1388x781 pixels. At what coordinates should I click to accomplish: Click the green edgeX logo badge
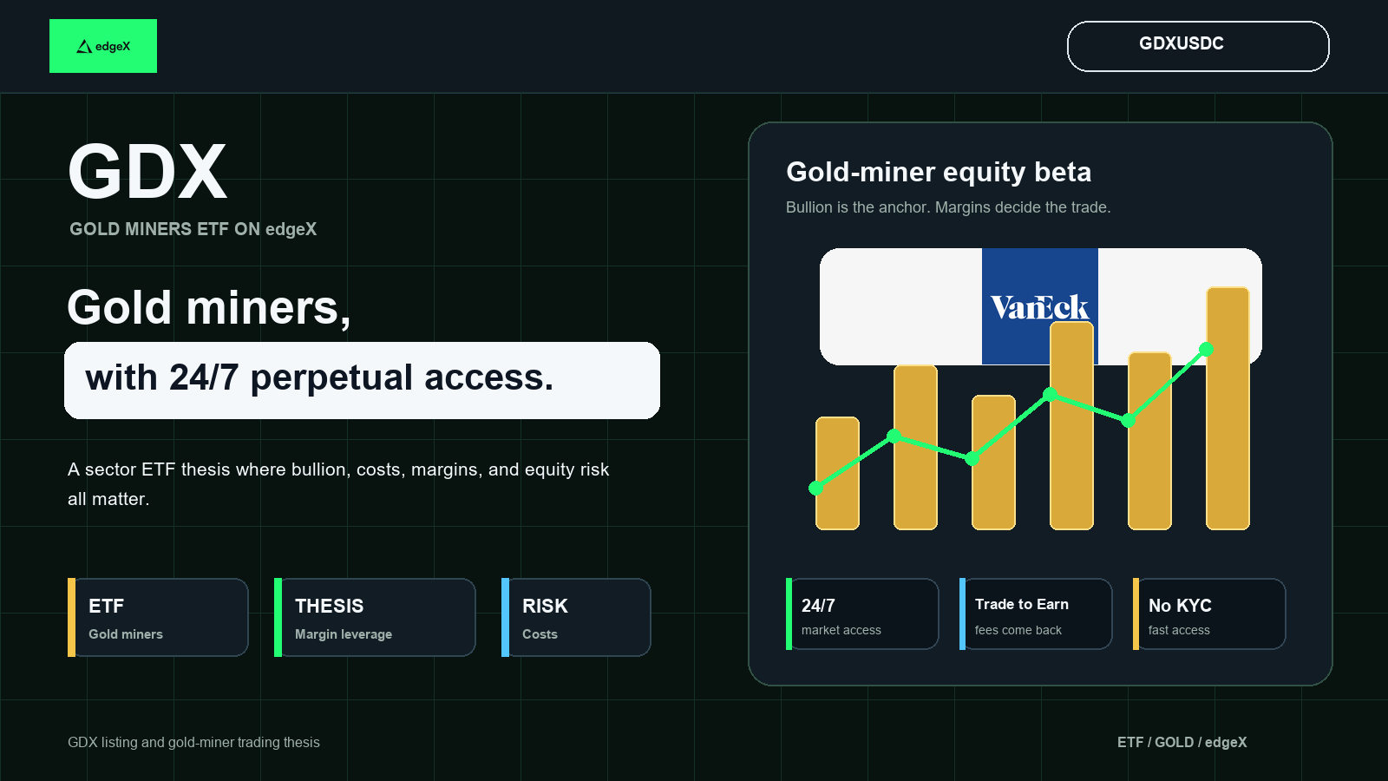[103, 46]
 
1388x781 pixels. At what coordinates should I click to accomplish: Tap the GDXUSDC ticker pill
[1198, 47]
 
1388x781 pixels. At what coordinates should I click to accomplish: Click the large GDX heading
[147, 171]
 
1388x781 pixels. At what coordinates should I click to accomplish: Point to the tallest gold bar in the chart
[1228, 409]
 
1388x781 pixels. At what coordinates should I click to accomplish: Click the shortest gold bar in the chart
[837, 474]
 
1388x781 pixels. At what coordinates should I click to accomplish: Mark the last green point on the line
[1206, 350]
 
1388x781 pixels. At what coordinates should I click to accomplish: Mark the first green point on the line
[816, 489]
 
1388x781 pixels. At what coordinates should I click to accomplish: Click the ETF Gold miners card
[158, 617]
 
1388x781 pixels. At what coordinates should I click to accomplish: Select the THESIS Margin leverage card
[375, 617]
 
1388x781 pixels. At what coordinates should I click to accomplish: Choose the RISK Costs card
[576, 617]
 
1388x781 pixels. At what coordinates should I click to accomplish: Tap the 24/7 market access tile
[862, 614]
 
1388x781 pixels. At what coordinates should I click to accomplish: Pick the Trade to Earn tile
[1036, 614]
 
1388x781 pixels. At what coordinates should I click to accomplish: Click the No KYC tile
[1209, 614]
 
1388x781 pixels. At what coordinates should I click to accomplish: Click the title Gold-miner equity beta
[939, 173]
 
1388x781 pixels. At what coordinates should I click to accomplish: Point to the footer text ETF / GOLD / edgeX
[1182, 742]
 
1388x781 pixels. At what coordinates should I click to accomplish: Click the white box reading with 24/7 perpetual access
[362, 381]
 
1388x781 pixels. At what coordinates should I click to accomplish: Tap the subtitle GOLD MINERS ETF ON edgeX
[193, 229]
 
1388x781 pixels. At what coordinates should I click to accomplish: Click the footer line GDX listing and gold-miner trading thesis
[193, 743]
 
